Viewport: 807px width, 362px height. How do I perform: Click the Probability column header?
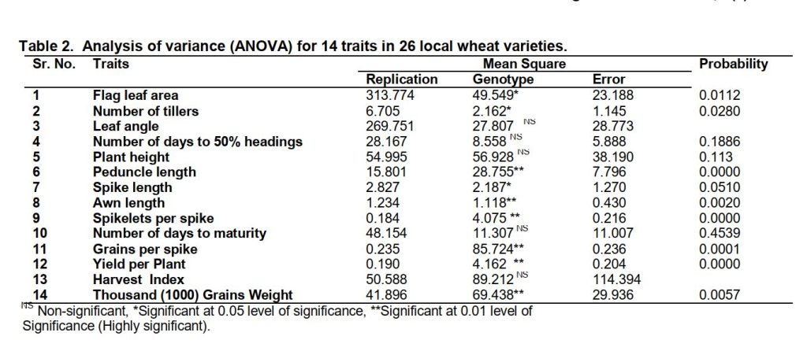click(x=733, y=64)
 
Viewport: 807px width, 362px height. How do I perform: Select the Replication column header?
click(x=402, y=79)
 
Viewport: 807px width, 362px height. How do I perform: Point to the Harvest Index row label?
click(x=138, y=279)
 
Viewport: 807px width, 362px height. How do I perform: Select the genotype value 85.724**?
click(x=500, y=249)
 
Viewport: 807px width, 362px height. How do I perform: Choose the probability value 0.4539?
click(x=720, y=233)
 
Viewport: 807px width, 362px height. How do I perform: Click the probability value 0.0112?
click(x=720, y=95)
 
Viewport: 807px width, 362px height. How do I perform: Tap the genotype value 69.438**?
click(x=500, y=294)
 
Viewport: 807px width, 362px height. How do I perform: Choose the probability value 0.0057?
click(x=720, y=294)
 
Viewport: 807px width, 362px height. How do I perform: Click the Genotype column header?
click(x=503, y=79)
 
